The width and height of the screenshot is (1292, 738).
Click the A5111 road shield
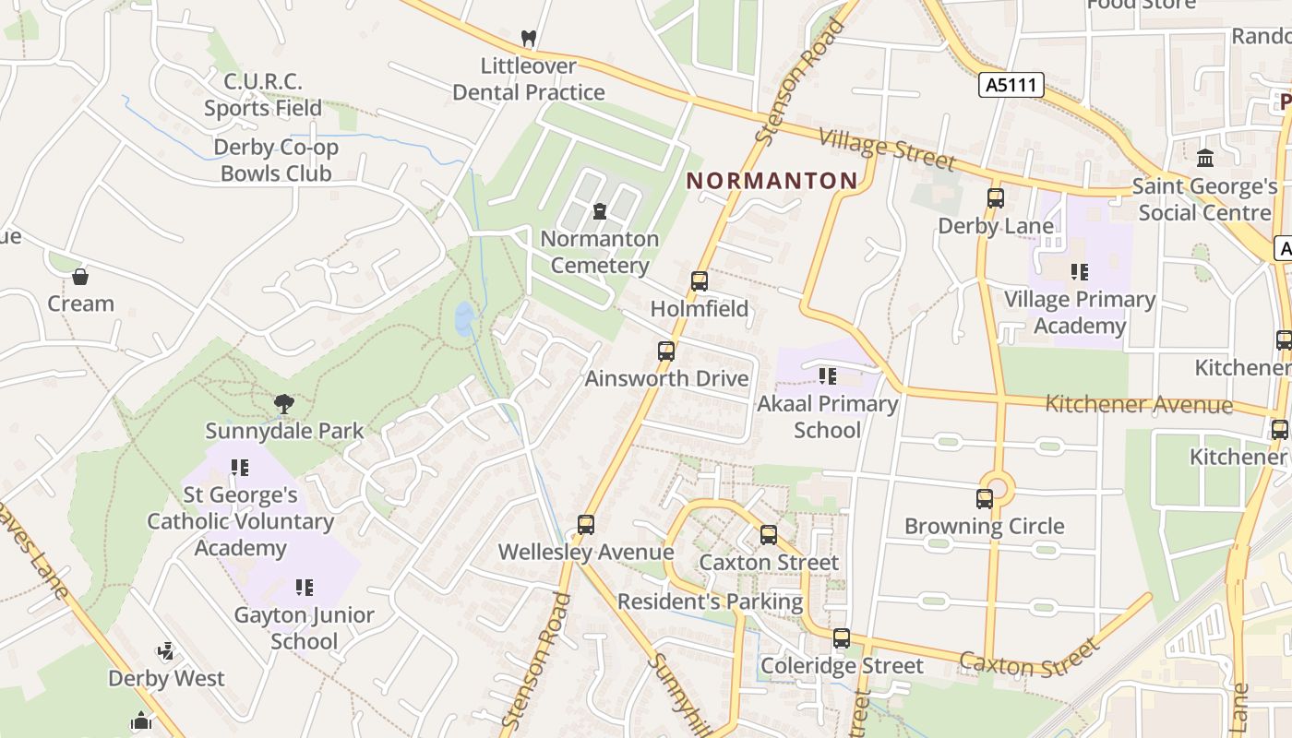click(x=1011, y=86)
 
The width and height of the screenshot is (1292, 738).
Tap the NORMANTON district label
click(x=772, y=181)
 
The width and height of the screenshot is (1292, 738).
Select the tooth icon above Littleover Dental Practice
click(x=528, y=39)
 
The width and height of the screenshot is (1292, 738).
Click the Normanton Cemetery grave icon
click(x=600, y=211)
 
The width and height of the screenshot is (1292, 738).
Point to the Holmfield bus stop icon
click(x=700, y=281)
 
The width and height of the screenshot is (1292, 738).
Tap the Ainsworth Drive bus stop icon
click(x=666, y=351)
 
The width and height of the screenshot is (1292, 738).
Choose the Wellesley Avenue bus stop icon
click(x=585, y=525)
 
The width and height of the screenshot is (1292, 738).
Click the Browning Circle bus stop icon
click(x=985, y=499)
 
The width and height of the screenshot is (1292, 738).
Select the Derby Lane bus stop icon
click(x=995, y=198)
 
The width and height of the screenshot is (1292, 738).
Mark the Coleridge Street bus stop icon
click(x=841, y=638)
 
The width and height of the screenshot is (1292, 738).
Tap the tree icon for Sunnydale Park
click(x=284, y=403)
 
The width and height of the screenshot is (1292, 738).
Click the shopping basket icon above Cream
click(x=80, y=277)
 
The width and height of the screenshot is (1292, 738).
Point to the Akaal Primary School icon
click(x=828, y=376)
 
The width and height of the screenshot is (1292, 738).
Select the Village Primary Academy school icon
click(x=1079, y=272)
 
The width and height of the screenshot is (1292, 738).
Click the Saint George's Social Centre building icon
click(x=1204, y=159)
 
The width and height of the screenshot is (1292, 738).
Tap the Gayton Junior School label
click(x=304, y=628)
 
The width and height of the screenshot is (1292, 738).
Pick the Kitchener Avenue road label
click(x=1138, y=404)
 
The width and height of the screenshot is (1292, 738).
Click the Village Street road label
click(x=887, y=149)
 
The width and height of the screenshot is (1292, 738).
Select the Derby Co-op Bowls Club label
click(x=276, y=161)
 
